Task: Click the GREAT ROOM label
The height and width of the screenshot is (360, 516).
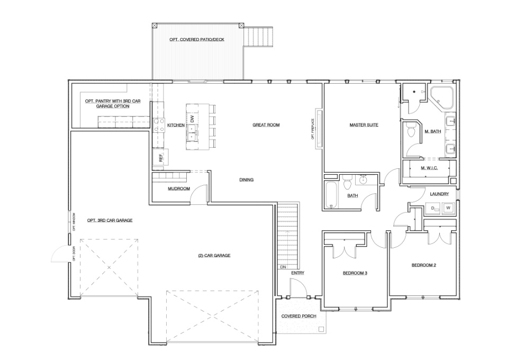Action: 266,125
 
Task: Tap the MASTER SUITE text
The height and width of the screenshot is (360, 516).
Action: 364,125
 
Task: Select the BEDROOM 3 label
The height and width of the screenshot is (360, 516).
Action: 355,273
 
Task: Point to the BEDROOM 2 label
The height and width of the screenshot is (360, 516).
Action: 423,265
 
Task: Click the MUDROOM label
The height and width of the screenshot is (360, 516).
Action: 179,188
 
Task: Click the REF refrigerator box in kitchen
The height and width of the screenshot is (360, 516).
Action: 160,157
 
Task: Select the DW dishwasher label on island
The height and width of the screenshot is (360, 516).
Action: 193,120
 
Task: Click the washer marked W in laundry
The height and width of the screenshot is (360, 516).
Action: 448,208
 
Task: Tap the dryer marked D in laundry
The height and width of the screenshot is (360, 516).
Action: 433,209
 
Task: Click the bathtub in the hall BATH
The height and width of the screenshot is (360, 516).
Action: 331,195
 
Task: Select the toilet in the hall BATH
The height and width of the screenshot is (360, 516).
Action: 348,184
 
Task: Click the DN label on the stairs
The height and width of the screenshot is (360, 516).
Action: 283,267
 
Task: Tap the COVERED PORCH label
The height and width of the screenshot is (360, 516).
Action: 298,316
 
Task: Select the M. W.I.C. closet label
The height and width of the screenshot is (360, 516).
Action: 429,168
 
